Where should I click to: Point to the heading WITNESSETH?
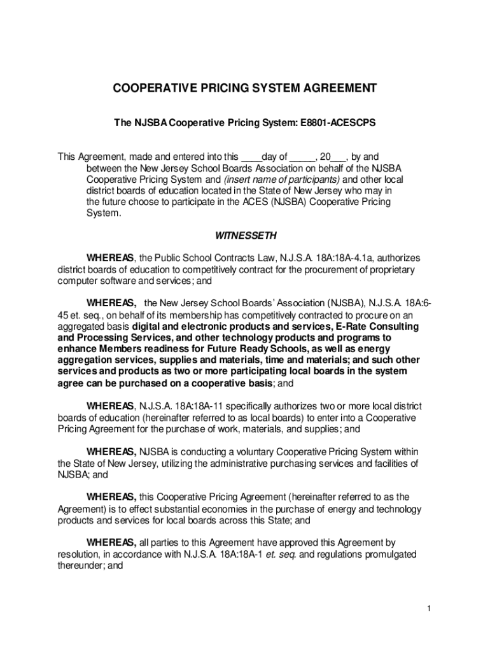[246, 236]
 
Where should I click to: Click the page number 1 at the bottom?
[430, 609]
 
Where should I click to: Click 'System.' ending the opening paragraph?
[102, 214]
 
